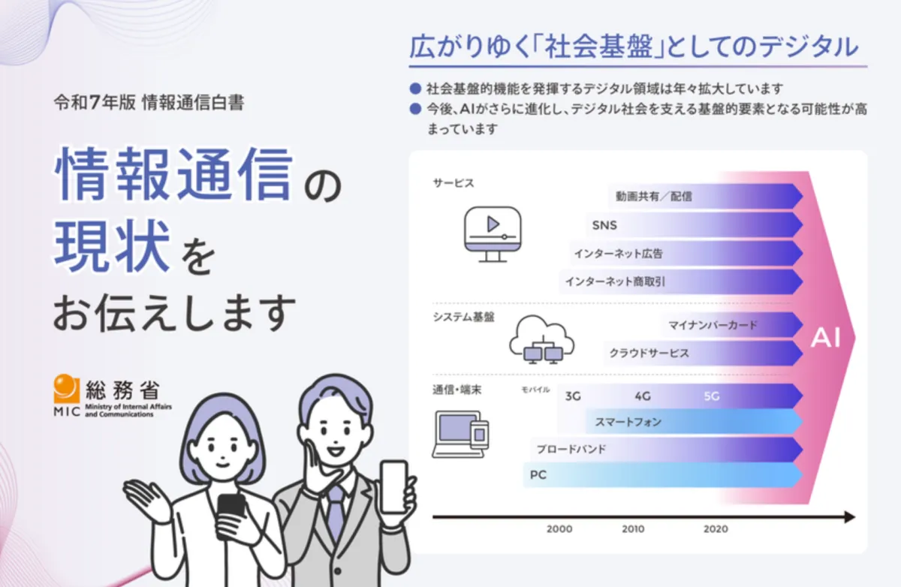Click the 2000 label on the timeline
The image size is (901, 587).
click(x=559, y=529)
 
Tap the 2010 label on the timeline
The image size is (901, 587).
click(x=633, y=529)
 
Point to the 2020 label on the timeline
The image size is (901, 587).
click(x=716, y=529)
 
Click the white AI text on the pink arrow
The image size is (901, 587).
click(x=825, y=338)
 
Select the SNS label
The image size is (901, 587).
click(x=604, y=225)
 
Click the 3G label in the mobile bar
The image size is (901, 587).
click(x=573, y=396)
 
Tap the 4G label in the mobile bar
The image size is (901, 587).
click(x=643, y=396)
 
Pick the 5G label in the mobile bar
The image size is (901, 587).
click(x=712, y=396)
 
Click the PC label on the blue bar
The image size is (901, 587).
click(x=538, y=475)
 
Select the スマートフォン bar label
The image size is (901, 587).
click(x=628, y=422)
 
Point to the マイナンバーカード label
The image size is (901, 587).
click(x=713, y=325)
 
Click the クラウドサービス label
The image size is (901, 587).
click(x=649, y=353)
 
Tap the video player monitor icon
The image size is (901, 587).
click(x=493, y=234)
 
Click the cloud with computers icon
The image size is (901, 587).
click(x=542, y=340)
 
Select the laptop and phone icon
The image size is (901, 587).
click(x=460, y=434)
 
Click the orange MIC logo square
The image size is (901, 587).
click(x=66, y=388)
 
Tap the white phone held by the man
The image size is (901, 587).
click(x=394, y=487)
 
